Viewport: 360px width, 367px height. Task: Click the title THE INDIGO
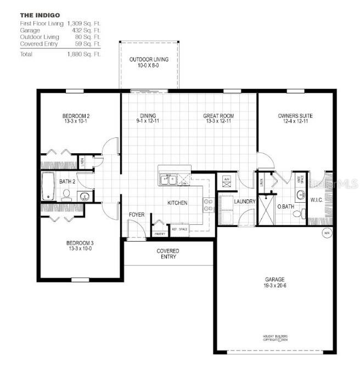coord(41,15)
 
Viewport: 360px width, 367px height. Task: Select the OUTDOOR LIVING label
coord(149,59)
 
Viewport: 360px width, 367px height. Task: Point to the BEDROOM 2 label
coord(76,116)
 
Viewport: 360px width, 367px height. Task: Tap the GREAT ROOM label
coord(218,116)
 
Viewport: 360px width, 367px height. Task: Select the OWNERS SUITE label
coord(295,116)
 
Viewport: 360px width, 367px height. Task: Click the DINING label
coord(148,116)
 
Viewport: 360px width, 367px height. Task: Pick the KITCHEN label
coord(177,203)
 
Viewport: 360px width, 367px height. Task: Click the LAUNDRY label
coord(245,202)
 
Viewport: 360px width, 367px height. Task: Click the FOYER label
coord(137,214)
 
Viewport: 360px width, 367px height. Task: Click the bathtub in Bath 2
coord(48,186)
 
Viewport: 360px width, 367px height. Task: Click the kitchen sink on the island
coord(167,179)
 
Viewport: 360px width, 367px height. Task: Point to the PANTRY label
coord(160,233)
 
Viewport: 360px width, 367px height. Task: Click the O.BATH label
coord(285,207)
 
